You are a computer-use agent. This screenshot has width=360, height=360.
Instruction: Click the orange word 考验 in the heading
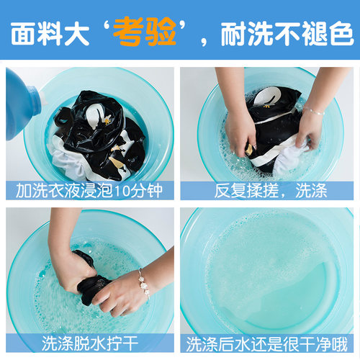coord(145,32)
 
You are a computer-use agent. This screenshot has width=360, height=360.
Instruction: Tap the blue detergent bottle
coord(22,103)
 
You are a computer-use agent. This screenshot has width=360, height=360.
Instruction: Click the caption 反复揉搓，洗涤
coord(271,191)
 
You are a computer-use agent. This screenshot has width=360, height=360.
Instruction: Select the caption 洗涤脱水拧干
coord(90,343)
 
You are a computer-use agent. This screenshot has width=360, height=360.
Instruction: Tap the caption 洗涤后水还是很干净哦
coord(266,344)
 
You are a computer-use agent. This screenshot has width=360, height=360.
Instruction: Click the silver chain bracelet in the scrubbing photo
coord(314,111)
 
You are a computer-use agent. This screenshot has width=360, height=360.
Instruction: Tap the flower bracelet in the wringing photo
coord(143,284)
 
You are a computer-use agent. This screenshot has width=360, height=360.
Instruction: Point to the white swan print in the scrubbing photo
coord(266,96)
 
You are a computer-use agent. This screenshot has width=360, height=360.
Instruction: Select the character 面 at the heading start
coord(22,33)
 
